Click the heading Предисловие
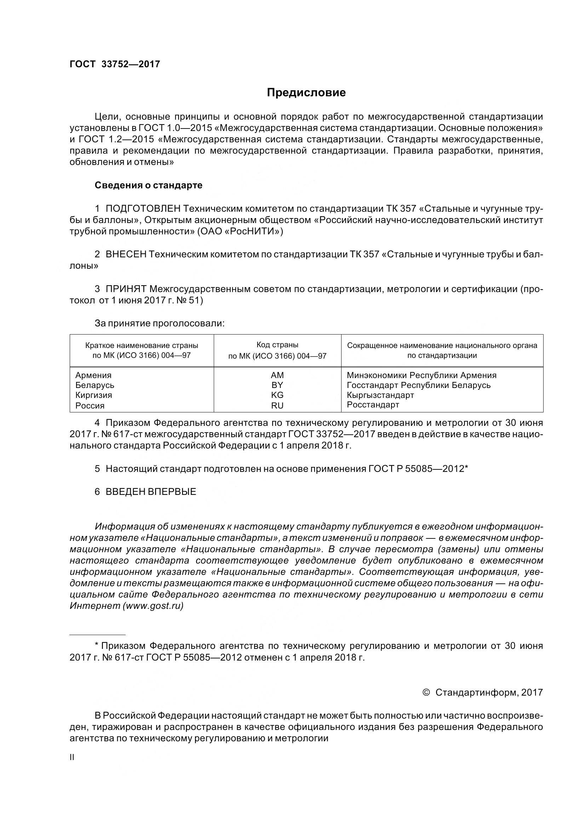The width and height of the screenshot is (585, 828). click(x=306, y=93)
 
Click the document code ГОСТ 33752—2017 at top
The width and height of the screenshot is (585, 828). click(x=115, y=64)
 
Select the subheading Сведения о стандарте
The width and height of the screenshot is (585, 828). click(x=149, y=185)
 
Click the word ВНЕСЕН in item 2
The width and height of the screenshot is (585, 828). click(x=126, y=254)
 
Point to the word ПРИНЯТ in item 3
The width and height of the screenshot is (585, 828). click(x=126, y=289)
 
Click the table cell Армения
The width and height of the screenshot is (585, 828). click(x=93, y=375)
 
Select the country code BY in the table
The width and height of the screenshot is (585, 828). click(x=277, y=385)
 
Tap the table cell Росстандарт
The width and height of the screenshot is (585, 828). click(x=373, y=405)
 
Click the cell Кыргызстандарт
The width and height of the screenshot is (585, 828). click(x=380, y=395)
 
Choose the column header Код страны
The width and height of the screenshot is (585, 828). click(x=277, y=345)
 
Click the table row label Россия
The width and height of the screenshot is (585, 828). click(x=90, y=405)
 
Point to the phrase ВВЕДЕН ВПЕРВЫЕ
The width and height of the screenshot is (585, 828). click(x=151, y=492)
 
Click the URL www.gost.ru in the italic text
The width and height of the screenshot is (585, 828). click(x=153, y=606)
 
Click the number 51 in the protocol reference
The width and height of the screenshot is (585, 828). click(x=194, y=301)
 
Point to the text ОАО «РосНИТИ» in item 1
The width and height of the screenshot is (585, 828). click(x=240, y=232)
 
